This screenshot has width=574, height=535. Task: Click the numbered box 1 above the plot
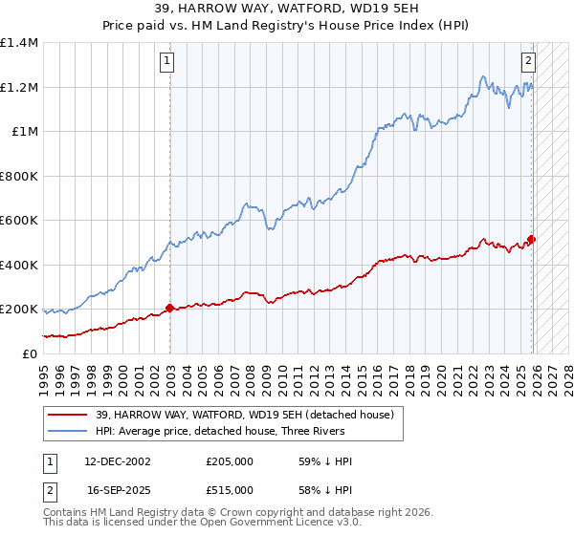click(x=166, y=61)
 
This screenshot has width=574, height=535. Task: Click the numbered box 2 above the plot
click(x=528, y=61)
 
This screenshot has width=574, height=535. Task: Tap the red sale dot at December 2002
click(x=170, y=308)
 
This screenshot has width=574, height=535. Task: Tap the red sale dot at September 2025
click(x=532, y=240)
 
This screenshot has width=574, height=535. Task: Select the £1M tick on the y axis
click(x=25, y=132)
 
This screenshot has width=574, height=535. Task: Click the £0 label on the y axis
click(x=31, y=353)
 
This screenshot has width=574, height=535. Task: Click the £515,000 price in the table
click(x=231, y=490)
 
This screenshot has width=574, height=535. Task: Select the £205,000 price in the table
click(x=231, y=461)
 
